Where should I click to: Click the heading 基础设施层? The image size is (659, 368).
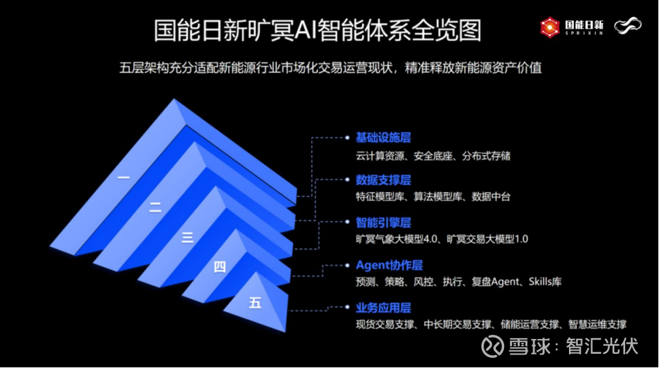[384, 137]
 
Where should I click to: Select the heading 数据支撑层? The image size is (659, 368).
[384, 180]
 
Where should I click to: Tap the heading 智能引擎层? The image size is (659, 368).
[384, 223]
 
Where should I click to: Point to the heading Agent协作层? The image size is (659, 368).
[389, 265]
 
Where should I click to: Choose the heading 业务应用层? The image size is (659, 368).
[384, 308]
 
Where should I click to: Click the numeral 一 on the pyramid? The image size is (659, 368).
[124, 178]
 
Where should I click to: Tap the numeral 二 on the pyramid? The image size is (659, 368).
[155, 207]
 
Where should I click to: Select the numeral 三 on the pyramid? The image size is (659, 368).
[187, 237]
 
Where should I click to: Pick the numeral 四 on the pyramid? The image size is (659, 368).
[220, 267]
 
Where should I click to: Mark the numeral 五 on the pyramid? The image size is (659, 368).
[255, 302]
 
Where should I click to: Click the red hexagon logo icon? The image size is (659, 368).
[549, 27]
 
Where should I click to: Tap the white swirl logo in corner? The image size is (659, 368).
[628, 26]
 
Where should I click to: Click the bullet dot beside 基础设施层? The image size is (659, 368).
[347, 137]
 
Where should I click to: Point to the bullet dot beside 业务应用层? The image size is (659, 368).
[347, 307]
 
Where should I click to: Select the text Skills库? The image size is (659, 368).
[545, 281]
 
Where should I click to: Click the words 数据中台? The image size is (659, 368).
[491, 197]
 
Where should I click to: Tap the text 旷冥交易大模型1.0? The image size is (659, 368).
[487, 239]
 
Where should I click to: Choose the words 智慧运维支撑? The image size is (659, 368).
[597, 324]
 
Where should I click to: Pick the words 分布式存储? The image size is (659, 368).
[486, 156]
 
